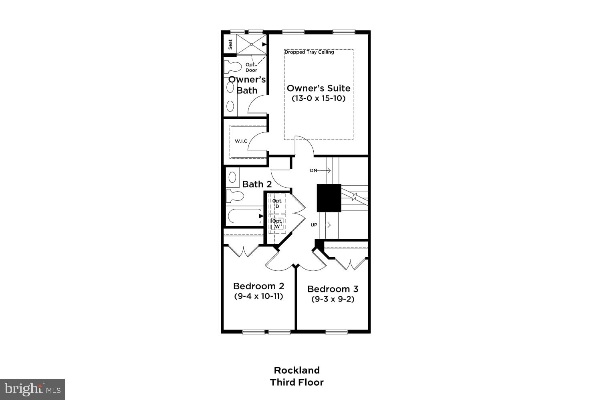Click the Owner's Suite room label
point(319,88)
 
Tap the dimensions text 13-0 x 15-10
point(319,98)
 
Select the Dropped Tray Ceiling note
point(309,52)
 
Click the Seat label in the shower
point(230,44)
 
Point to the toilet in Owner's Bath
point(233,66)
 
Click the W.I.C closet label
point(241,141)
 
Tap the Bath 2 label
point(257,184)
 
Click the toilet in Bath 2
point(235,196)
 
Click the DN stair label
point(313,170)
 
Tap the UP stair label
point(314,225)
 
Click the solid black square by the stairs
point(329,198)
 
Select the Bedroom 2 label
point(258,286)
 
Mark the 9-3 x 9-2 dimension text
point(333,299)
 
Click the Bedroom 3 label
point(333,289)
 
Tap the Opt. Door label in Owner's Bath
point(251,67)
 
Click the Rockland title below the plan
point(296,370)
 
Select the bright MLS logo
point(32,389)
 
